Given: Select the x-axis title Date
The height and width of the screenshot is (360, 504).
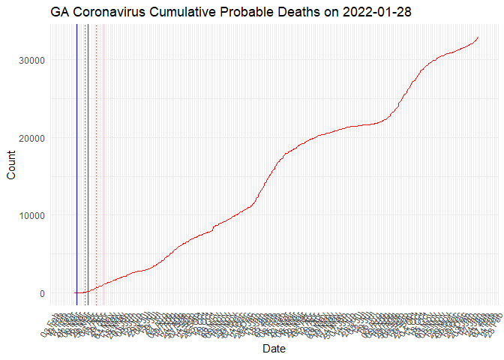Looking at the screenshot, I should coord(274,349).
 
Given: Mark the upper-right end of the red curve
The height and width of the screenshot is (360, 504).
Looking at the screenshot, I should coord(478,37).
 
